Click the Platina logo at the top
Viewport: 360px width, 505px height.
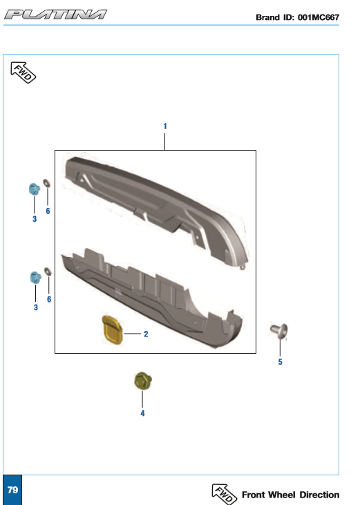tap(55, 15)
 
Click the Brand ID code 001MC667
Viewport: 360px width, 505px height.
tap(319, 17)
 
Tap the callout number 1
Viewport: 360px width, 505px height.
tap(165, 126)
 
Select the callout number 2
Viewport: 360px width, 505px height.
tap(146, 334)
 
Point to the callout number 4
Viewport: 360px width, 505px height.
tap(142, 413)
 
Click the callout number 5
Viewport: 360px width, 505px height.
tap(280, 362)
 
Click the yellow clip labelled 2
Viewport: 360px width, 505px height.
tap(112, 330)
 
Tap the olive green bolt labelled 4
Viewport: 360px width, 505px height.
tap(143, 381)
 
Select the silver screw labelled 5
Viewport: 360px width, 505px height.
tap(279, 331)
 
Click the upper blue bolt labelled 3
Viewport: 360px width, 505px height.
tap(34, 189)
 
